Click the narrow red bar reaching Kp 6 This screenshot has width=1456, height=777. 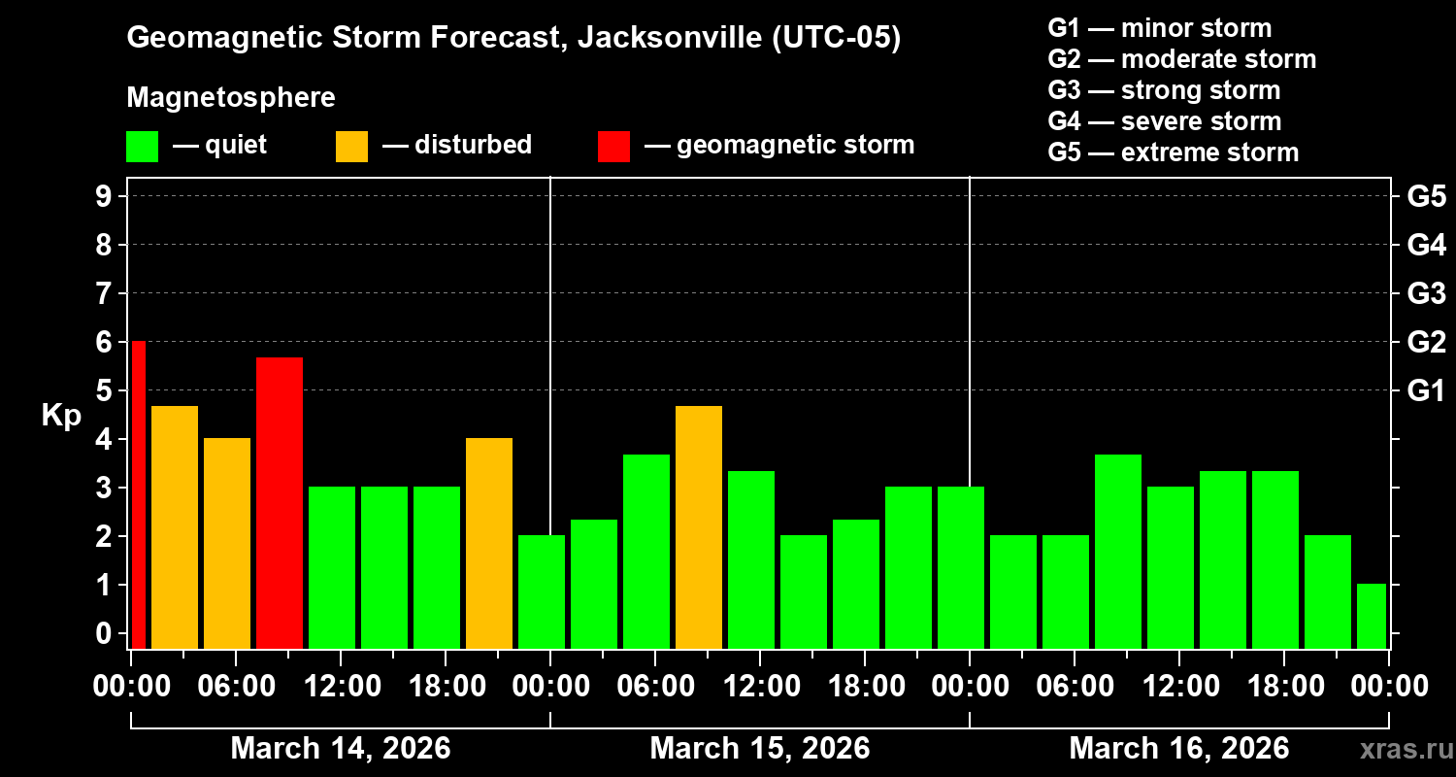pyautogui.click(x=138, y=494)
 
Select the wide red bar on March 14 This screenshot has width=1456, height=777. pyautogui.click(x=280, y=502)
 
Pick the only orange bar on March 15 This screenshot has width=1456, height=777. pyautogui.click(x=699, y=526)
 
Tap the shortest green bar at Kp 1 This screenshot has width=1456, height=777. pyautogui.click(x=1371, y=616)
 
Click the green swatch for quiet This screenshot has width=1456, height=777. pyautogui.click(x=142, y=147)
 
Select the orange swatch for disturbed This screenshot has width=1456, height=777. pyautogui.click(x=351, y=147)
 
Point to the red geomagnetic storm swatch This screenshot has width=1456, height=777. pyautogui.click(x=613, y=147)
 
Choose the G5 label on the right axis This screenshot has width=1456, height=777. pyautogui.click(x=1426, y=196)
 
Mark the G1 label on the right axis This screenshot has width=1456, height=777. pyautogui.click(x=1426, y=391)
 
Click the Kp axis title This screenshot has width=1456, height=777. pyautogui.click(x=60, y=416)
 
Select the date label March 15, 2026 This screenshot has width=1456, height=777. pyautogui.click(x=759, y=749)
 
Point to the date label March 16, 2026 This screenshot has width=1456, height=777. pyautogui.click(x=1178, y=749)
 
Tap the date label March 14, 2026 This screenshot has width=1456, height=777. pyautogui.click(x=340, y=749)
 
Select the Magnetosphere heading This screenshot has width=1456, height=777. pyautogui.click(x=231, y=98)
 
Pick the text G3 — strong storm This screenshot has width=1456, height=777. pyautogui.click(x=1164, y=90)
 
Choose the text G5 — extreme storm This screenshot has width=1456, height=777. pyautogui.click(x=1173, y=152)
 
